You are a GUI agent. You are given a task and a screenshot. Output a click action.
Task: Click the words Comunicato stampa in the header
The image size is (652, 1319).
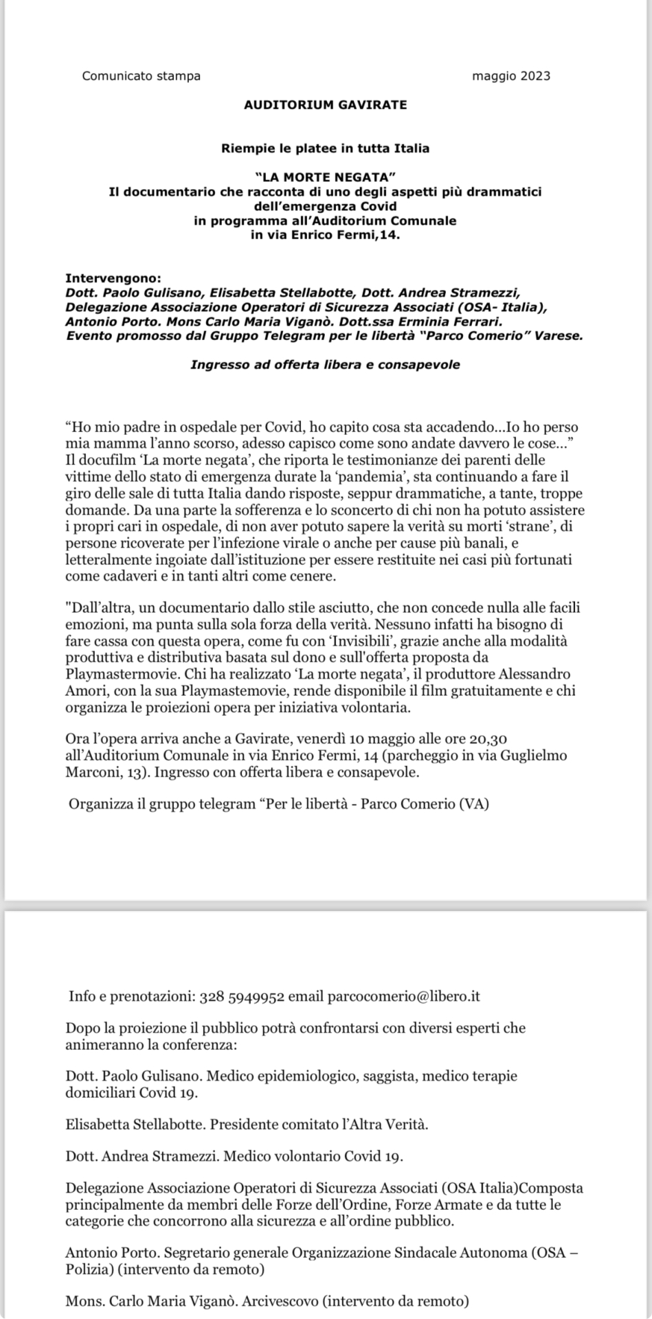[x=141, y=76]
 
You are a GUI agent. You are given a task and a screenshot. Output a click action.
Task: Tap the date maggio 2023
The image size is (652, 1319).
[x=510, y=76]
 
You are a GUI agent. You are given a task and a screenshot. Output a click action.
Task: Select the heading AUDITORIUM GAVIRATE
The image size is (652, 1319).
[x=325, y=105]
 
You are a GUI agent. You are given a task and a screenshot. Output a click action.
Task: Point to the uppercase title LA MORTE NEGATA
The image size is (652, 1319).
[x=325, y=177]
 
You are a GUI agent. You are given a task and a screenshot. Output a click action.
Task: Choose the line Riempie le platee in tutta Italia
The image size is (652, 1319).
[x=325, y=148]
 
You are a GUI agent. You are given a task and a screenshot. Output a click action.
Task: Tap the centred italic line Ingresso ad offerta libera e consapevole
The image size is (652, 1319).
[x=325, y=365]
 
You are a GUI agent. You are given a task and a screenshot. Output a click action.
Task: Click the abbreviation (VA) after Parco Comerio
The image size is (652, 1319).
[x=473, y=803]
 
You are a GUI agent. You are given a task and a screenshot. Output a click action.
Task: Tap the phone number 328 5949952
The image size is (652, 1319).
[x=241, y=997]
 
